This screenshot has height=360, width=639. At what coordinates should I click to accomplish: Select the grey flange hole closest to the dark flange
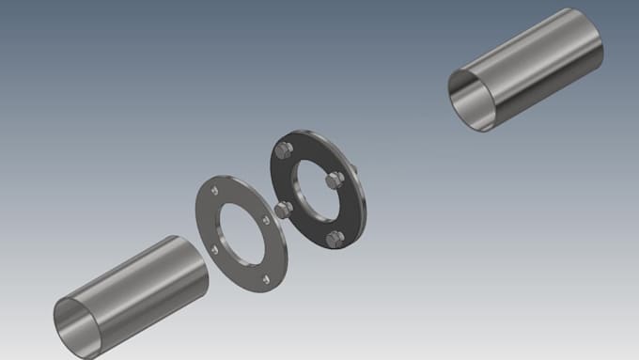click(267, 220)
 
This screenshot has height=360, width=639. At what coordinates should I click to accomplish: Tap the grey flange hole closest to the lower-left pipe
click(215, 249)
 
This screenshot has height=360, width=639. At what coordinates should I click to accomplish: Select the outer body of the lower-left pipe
click(141, 282)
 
